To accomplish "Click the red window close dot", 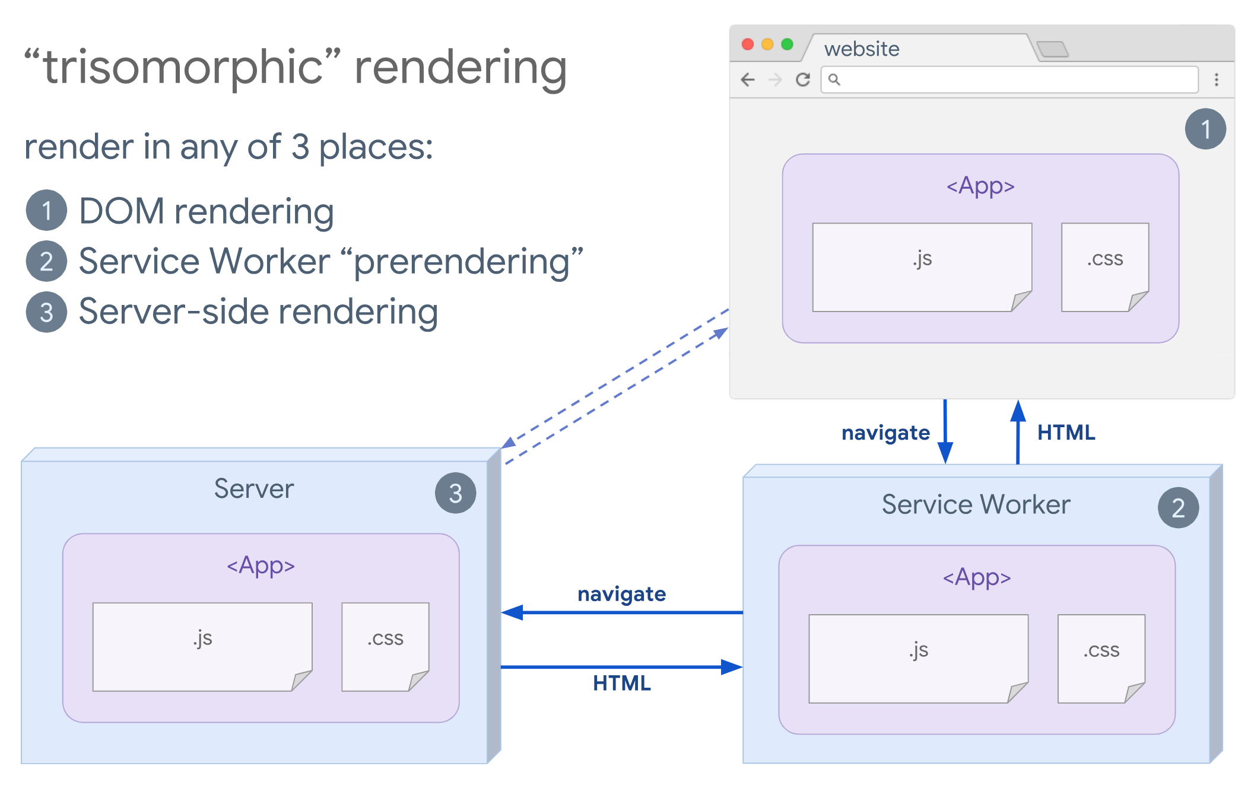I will pyautogui.click(x=748, y=45).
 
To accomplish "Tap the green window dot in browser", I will pyautogui.click(x=787, y=45).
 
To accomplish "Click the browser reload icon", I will pyautogui.click(x=803, y=80).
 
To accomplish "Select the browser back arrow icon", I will pyautogui.click(x=748, y=80).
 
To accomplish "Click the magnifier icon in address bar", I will pyautogui.click(x=834, y=80).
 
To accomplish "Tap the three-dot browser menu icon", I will pyautogui.click(x=1216, y=80).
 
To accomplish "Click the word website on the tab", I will pyautogui.click(x=861, y=49).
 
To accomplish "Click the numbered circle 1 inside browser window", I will pyautogui.click(x=1205, y=129).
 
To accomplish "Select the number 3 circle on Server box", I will pyautogui.click(x=455, y=493).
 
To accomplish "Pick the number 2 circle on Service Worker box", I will pyautogui.click(x=1178, y=508).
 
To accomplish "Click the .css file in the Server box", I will pyautogui.click(x=385, y=646).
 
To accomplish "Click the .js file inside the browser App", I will pyautogui.click(x=922, y=267).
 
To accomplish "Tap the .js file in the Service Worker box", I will pyautogui.click(x=918, y=659).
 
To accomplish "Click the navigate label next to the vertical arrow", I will pyautogui.click(x=885, y=433).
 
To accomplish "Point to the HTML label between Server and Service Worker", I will pyautogui.click(x=621, y=684).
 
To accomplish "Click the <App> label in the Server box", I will pyautogui.click(x=261, y=565).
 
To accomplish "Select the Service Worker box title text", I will pyautogui.click(x=976, y=504).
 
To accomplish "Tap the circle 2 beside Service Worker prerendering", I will pyautogui.click(x=46, y=261).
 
